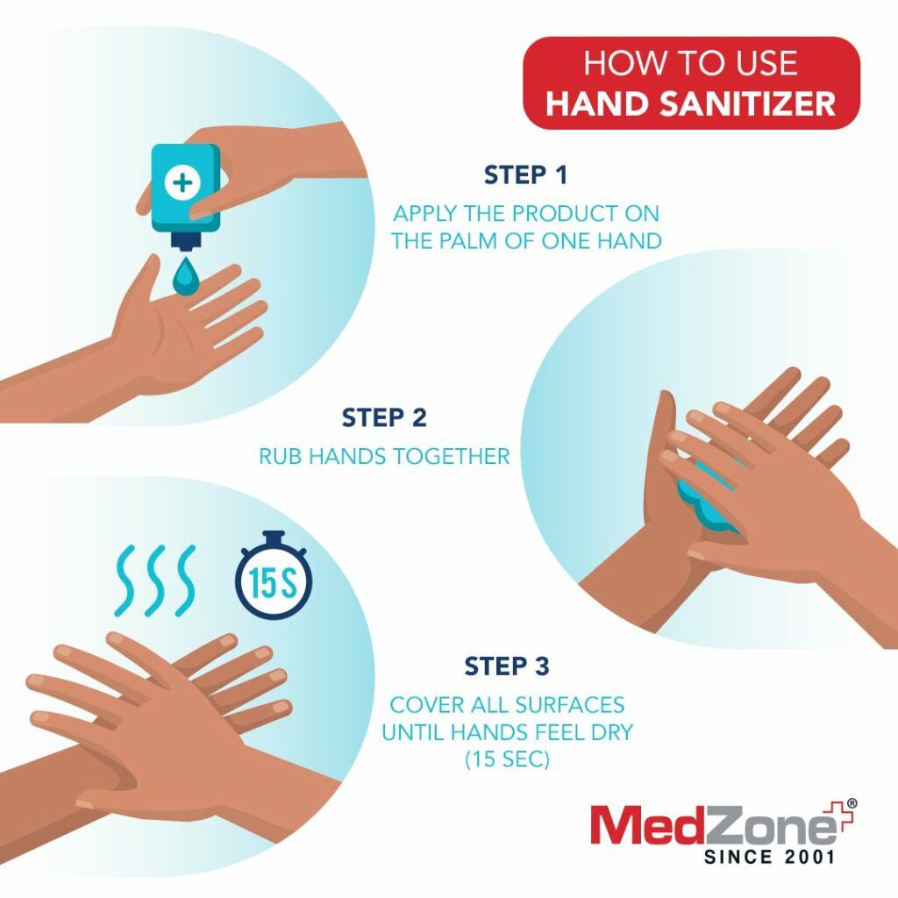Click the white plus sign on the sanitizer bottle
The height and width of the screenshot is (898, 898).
(184, 182)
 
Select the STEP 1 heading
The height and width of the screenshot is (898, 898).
(525, 175)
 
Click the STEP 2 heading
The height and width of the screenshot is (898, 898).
(384, 417)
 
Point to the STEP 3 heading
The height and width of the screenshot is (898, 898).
(507, 666)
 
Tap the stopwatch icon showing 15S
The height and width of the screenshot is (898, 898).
(274, 581)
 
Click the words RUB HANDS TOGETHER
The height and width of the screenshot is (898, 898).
(384, 457)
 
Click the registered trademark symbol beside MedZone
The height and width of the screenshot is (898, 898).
(852, 802)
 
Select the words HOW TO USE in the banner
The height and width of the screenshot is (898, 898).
(691, 64)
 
